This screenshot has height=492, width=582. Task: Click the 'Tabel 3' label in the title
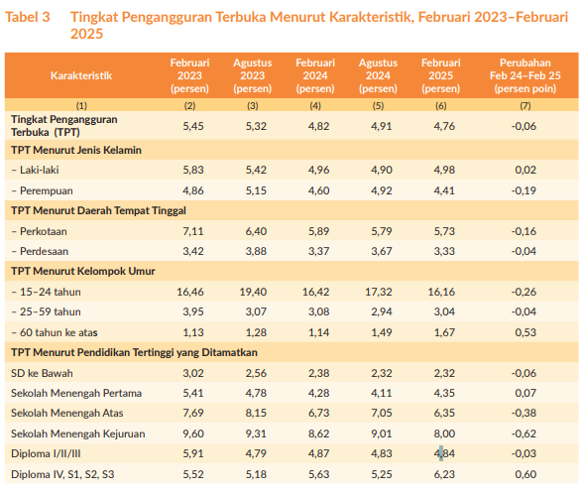27,17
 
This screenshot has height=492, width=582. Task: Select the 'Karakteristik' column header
81,75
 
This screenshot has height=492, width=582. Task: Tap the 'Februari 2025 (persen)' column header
441,75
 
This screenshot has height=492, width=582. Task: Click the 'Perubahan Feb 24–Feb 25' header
524,69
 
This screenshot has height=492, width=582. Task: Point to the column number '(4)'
315,106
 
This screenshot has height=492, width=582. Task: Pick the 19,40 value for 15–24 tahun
253,292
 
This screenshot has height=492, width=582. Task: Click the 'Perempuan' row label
47,190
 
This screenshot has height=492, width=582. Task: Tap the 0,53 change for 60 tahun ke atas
525,332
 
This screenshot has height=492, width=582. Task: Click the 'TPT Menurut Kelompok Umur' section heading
82,271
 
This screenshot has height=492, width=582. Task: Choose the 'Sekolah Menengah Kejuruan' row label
78,433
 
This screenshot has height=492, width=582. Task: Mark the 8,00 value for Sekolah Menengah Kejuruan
444,433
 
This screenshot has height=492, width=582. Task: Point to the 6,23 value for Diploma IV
444,474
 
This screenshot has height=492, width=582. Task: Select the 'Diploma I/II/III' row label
46,453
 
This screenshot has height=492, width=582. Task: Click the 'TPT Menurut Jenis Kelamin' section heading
76,150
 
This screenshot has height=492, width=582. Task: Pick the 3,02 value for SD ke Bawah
193,373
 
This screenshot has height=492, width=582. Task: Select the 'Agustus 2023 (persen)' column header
253,75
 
